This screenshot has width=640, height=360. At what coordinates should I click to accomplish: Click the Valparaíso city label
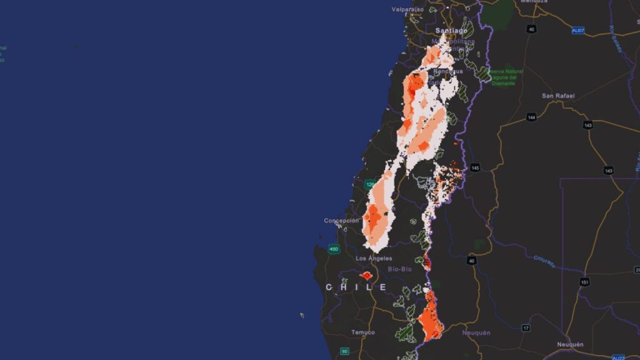pos(407,9)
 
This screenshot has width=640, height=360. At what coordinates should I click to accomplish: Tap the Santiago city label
pos(451,30)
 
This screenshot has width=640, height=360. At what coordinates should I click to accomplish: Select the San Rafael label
pos(557,96)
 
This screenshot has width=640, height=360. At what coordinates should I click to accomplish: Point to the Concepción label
pos(341,221)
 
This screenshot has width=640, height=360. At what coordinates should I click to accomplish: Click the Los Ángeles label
pos(374,258)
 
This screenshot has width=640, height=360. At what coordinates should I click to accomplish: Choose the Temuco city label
pos(363,332)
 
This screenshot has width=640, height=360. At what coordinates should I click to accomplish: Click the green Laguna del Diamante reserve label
pos(505,77)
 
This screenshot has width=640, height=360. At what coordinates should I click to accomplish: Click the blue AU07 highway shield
pos(579,29)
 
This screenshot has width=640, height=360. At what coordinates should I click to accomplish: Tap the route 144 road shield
pos(531,117)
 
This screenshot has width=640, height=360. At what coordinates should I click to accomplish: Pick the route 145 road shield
pos(475,167)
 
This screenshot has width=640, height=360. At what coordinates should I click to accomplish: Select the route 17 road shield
pos(526,327)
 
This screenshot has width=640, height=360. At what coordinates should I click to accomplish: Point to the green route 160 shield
pos(334,249)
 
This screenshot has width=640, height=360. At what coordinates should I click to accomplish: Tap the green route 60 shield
pos(344,351)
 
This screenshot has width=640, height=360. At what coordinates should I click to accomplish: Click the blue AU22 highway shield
pos(618,357)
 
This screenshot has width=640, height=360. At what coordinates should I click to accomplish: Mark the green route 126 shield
pos(370,185)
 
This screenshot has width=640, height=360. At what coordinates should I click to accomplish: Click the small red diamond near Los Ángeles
pos(366,275)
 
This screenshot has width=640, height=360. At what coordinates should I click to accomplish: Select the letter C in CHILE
pos(329,287)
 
